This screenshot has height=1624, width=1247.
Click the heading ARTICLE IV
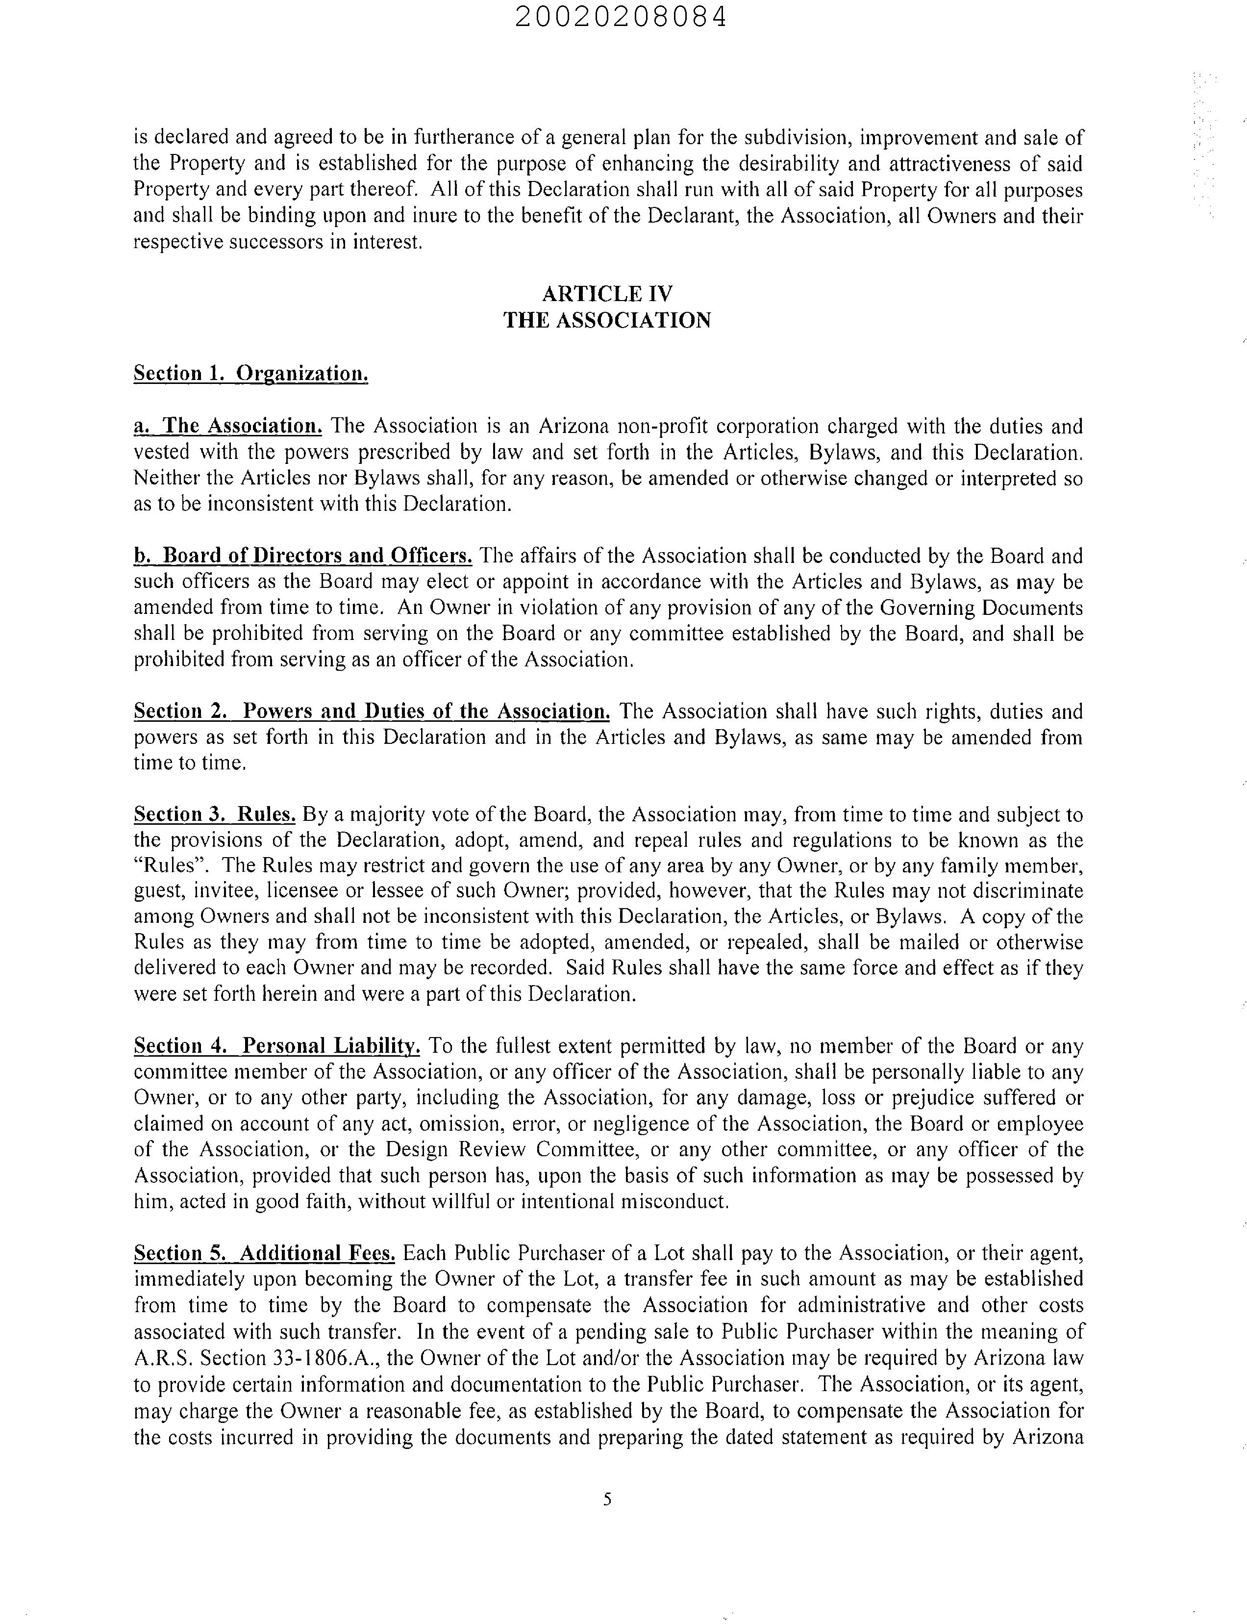tap(607, 294)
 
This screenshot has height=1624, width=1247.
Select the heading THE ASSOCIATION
tap(607, 321)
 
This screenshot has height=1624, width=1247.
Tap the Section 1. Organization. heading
tap(251, 374)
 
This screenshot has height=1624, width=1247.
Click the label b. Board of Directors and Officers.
tap(303, 556)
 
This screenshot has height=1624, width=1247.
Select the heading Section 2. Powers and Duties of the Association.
tap(372, 711)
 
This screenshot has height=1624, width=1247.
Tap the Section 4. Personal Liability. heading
tap(277, 1046)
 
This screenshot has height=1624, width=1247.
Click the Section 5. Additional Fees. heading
tap(264, 1253)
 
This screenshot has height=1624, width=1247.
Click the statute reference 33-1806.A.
tap(326, 1358)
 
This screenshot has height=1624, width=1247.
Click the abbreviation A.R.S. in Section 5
tap(163, 1358)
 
